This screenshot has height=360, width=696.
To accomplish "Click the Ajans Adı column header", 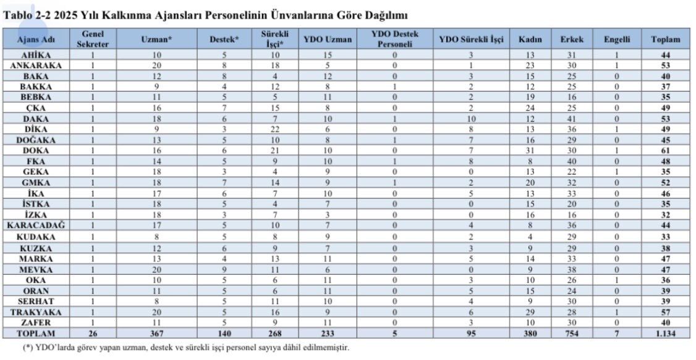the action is (x=35, y=39).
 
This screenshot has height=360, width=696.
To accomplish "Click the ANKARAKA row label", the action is (x=35, y=65).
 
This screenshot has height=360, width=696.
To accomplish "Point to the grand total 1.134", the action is (x=665, y=333).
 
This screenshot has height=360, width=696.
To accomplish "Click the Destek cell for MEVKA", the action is (x=224, y=269).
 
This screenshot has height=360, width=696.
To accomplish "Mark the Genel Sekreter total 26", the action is (x=93, y=333).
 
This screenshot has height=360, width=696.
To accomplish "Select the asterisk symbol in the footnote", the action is (x=27, y=348).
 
